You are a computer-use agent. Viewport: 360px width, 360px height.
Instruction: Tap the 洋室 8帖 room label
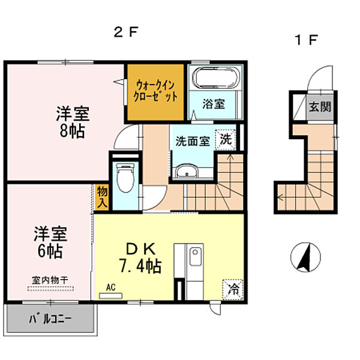(x=71, y=121)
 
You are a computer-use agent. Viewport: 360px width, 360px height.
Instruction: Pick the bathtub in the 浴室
(x=215, y=79)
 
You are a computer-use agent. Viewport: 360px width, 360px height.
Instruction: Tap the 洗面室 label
(x=192, y=142)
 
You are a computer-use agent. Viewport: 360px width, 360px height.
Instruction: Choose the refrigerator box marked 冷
(x=233, y=289)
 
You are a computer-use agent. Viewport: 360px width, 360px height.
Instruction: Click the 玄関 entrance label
(x=316, y=107)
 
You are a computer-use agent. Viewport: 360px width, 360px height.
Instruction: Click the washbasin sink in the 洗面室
(x=188, y=172)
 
